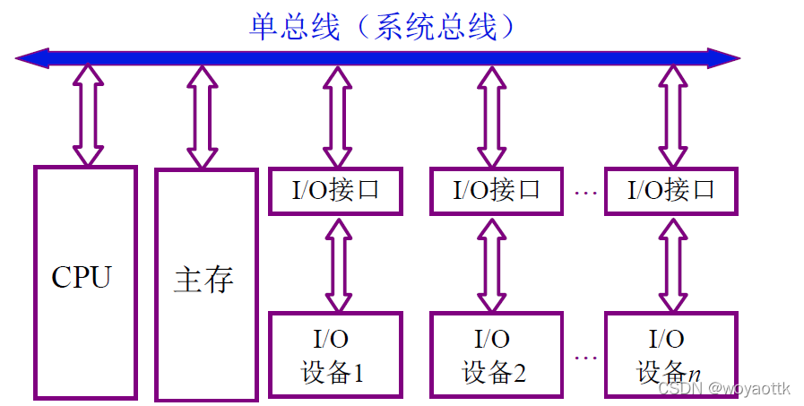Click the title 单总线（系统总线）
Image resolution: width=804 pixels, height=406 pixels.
[x=384, y=27]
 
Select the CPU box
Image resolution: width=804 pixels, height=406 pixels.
[x=85, y=282]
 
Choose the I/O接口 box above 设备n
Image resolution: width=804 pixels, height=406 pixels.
[x=671, y=190]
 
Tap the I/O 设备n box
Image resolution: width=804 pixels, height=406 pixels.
[x=671, y=354]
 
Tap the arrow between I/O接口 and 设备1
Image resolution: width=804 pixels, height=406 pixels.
[x=336, y=263]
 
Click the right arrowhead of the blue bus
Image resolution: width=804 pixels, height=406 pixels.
[x=726, y=59]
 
